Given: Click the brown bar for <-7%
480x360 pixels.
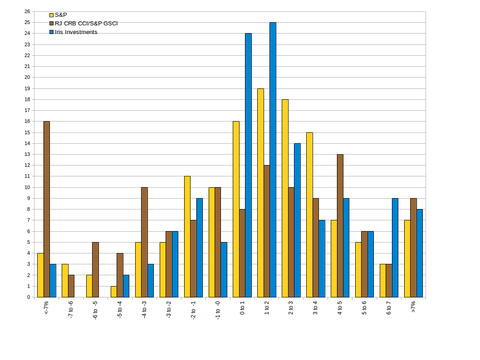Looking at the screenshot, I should pos(47,209).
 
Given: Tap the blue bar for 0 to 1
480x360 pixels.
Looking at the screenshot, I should pos(248,165).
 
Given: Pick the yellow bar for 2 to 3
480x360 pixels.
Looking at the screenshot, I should pos(285,198).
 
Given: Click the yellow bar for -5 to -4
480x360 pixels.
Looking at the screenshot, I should pos(114,292).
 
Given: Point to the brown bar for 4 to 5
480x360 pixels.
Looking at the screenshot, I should pos(340,226).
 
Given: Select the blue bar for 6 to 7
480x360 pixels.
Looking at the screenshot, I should pos(395,248).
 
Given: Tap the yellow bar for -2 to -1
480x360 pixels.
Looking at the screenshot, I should pos(187,237).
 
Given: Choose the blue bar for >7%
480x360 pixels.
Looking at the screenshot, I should pos(420,253).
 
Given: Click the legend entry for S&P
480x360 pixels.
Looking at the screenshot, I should pos(61,15).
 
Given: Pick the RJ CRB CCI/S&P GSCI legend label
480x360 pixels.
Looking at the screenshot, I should pos(86,24).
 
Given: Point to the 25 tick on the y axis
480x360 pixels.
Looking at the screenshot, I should pos(27,22).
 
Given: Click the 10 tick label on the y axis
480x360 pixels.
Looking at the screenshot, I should pos(27,187).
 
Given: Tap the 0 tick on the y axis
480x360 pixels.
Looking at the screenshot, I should pos(28,297).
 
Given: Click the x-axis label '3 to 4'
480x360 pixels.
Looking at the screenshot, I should pos(315,308).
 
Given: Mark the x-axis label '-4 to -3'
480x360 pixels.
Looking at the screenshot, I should pos(144,309).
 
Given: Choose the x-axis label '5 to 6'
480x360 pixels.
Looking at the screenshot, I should pos(364,308).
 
